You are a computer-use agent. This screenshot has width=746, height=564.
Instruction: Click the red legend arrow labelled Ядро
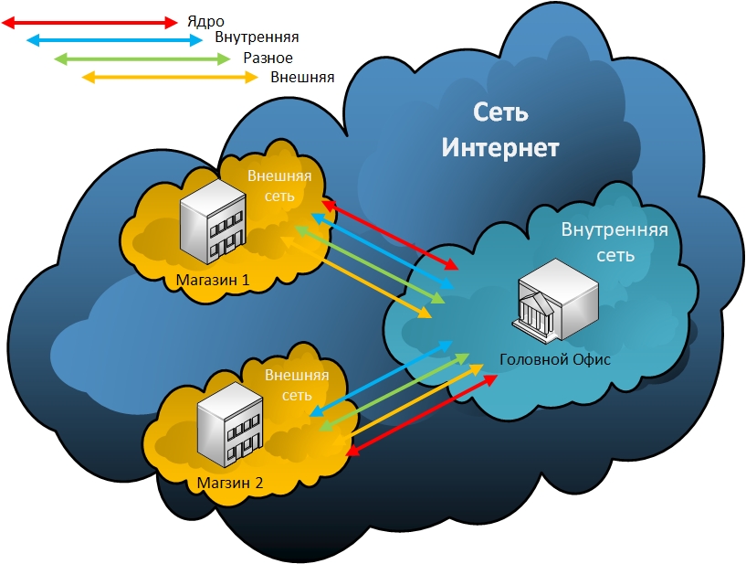pos(89,22)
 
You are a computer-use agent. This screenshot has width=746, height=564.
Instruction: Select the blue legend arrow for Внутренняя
pos(115,40)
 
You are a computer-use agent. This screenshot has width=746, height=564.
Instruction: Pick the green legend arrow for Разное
pos(142,59)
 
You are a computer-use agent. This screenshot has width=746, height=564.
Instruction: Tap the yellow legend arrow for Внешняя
pos(170,77)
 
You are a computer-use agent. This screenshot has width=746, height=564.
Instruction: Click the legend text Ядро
pos(205,22)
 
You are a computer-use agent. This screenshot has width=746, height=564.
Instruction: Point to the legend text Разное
pos(268,59)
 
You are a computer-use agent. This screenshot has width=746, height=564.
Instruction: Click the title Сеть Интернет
pos(500,130)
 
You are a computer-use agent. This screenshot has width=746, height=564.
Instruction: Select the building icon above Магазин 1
pos(213,221)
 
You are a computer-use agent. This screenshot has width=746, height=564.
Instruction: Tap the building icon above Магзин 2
pos(230,425)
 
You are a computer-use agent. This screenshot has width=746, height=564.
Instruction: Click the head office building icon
pos(555,299)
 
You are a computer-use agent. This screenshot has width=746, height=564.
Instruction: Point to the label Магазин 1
pos(213,280)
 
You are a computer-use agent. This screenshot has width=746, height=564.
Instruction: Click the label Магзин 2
pos(230,483)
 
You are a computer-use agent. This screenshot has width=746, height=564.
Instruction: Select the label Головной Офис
pos(555,359)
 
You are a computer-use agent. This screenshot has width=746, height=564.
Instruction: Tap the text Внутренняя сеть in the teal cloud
pos(615,242)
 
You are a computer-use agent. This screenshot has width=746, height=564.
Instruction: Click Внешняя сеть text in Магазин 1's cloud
pos(279,186)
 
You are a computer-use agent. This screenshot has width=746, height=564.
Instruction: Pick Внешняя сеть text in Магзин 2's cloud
pos(297,385)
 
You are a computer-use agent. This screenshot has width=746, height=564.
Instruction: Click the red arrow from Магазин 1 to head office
pos(390,235)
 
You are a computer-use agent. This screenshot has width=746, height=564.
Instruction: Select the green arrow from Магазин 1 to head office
pos(370,264)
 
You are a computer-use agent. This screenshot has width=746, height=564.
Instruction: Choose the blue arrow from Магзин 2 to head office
pos(381,378)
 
